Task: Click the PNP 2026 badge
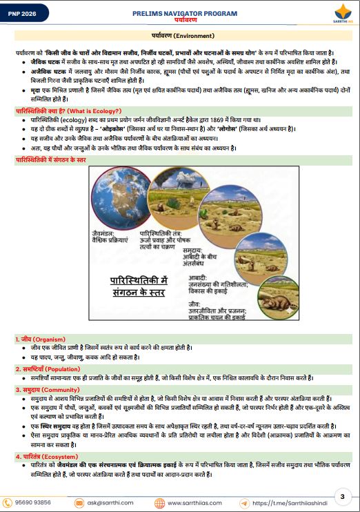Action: click(22, 14)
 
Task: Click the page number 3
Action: click(343, 496)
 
